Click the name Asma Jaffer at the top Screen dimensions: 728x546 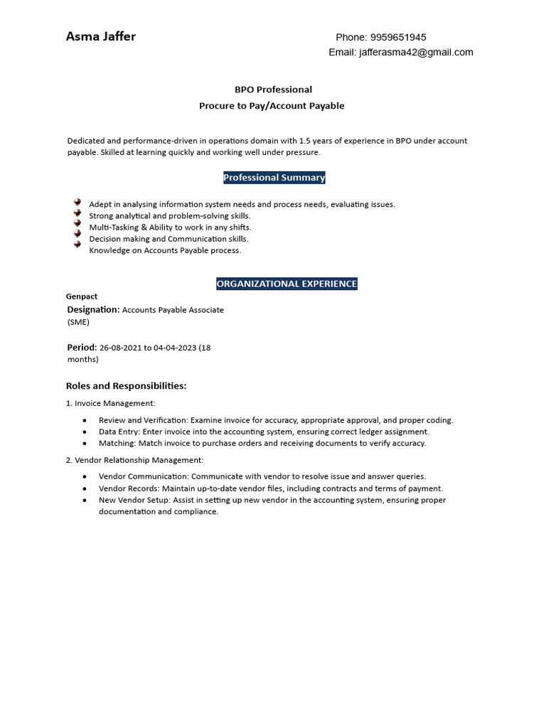[100, 37]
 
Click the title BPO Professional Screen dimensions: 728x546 [273, 90]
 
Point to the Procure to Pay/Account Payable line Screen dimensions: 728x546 [272, 106]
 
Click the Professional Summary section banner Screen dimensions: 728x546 [274, 178]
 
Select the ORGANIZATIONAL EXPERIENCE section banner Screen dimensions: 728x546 [287, 284]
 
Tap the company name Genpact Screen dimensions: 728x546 [82, 296]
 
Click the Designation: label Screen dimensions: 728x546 [93, 310]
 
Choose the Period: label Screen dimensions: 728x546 [82, 348]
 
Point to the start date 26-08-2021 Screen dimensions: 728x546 [121, 348]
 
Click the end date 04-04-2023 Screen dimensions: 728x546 [175, 348]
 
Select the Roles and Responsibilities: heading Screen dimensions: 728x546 [127, 386]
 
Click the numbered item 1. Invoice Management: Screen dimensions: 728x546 [110, 403]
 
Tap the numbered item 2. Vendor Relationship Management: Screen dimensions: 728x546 [134, 460]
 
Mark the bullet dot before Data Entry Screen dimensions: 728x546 [85, 432]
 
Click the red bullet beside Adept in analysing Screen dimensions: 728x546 [77, 203]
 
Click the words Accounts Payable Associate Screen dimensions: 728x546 [173, 310]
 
